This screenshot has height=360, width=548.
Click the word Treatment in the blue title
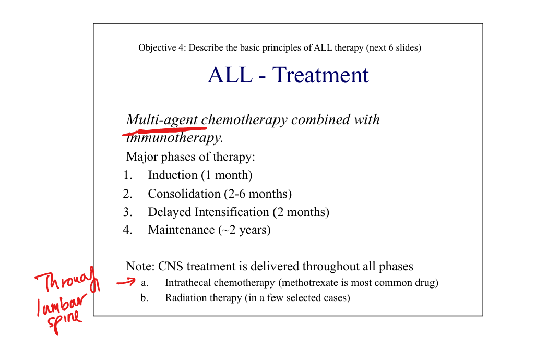point(320,75)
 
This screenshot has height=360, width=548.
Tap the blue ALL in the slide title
point(230,75)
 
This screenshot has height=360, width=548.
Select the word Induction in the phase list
point(173,175)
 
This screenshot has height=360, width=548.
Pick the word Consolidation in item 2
point(184,194)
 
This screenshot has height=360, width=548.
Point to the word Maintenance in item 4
point(181,230)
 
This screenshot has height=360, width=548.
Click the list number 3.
point(127,212)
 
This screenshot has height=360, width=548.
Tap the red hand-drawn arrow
point(126,282)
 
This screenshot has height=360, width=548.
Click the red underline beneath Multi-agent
point(164,131)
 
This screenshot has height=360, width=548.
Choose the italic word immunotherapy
point(174,138)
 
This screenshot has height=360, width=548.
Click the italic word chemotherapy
point(244,120)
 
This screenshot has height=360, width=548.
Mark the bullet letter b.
point(144,298)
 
